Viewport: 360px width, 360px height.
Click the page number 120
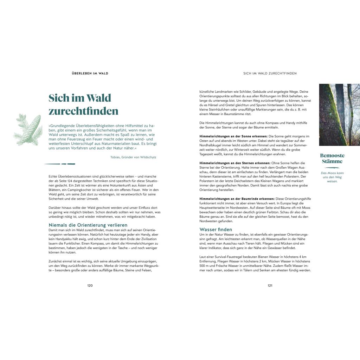click(x=90, y=285)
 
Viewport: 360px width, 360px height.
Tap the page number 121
click(x=270, y=285)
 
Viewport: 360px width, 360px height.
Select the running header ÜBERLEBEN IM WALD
click(x=90, y=73)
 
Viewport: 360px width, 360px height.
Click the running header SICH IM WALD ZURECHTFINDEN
click(x=270, y=73)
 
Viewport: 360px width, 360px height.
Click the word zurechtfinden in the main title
click(x=83, y=111)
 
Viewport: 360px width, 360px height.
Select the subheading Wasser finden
click(x=216, y=230)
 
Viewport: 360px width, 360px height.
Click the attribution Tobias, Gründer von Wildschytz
click(x=133, y=157)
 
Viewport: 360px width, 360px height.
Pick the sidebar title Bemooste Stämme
click(x=332, y=159)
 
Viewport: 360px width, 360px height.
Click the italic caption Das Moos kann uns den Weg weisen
click(x=332, y=177)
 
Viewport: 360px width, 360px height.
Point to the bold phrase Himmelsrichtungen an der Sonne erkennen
click(x=233, y=136)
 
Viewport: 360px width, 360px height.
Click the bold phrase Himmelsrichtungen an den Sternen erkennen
click(x=235, y=163)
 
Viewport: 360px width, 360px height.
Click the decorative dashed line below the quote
click(x=60, y=164)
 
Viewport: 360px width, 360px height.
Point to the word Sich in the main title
click(x=57, y=98)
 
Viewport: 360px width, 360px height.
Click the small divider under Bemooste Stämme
click(x=332, y=168)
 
